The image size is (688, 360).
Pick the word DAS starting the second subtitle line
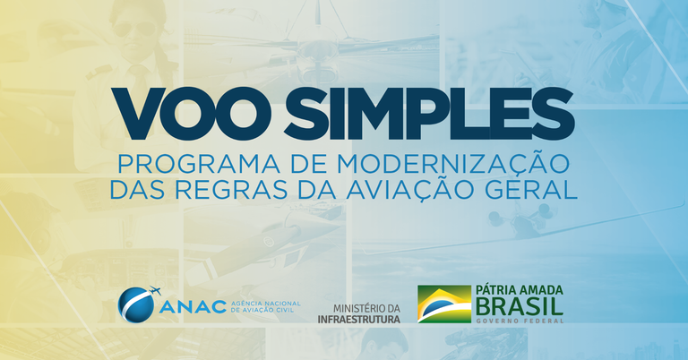click(132, 190)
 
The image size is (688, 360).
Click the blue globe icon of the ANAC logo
click(136, 305)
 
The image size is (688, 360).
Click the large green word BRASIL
click(520, 307)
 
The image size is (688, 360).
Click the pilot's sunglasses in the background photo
click(142, 29)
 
